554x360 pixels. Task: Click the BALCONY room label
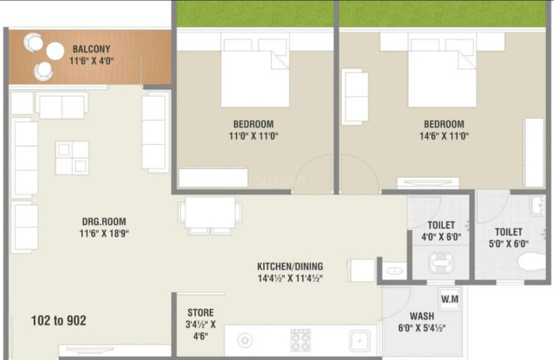click(x=91, y=48)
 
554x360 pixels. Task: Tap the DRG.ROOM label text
click(x=104, y=222)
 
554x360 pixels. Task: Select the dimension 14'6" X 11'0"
click(x=444, y=136)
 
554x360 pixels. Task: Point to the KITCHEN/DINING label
click(x=290, y=266)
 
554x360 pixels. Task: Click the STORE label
click(x=200, y=313)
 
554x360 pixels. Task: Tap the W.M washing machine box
click(x=449, y=299)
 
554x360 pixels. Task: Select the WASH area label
click(x=422, y=316)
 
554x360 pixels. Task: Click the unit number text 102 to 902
click(x=59, y=321)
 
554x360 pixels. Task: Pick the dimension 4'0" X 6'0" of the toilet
click(x=441, y=237)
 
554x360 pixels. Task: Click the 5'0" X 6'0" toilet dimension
click(x=508, y=244)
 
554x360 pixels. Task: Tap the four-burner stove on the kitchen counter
click(x=301, y=340)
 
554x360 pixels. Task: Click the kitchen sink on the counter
click(x=360, y=341)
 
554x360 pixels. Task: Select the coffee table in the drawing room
click(x=72, y=158)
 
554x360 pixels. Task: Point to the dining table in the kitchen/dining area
click(x=211, y=213)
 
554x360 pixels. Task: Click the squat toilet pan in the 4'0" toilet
click(x=440, y=263)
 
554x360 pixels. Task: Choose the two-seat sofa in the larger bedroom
click(x=355, y=97)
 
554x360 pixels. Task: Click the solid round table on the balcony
click(x=55, y=51)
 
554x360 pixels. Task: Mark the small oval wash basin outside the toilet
click(x=394, y=271)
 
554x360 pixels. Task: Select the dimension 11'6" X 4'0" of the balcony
click(x=91, y=61)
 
